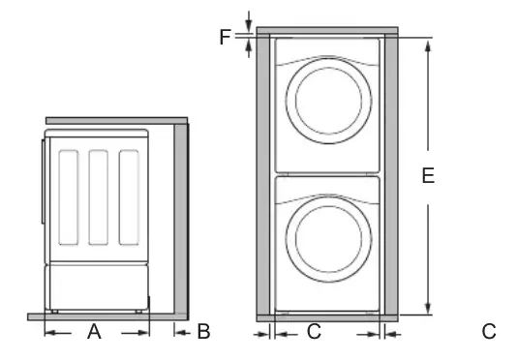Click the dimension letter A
(x=94, y=332)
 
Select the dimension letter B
(x=203, y=332)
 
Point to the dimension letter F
(x=225, y=37)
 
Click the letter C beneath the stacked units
(x=314, y=332)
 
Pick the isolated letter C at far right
(x=489, y=332)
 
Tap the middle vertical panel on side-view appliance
(x=99, y=197)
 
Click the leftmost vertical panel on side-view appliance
(x=69, y=197)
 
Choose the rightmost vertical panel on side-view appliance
(x=129, y=197)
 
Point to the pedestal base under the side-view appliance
(x=97, y=287)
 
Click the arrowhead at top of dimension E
(x=427, y=44)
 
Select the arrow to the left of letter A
(x=52, y=332)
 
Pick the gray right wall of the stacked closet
(x=391, y=174)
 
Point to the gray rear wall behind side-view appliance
(x=180, y=218)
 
